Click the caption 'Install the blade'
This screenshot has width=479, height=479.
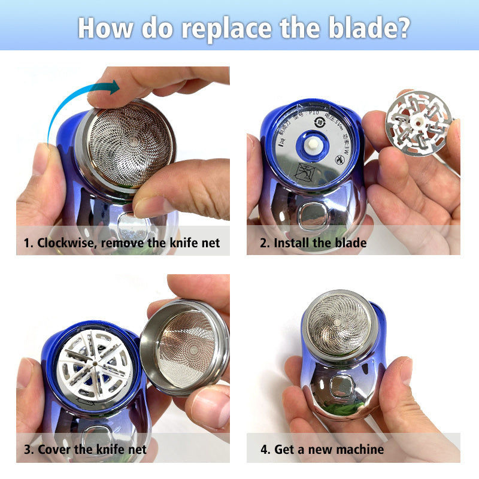(320, 243)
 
